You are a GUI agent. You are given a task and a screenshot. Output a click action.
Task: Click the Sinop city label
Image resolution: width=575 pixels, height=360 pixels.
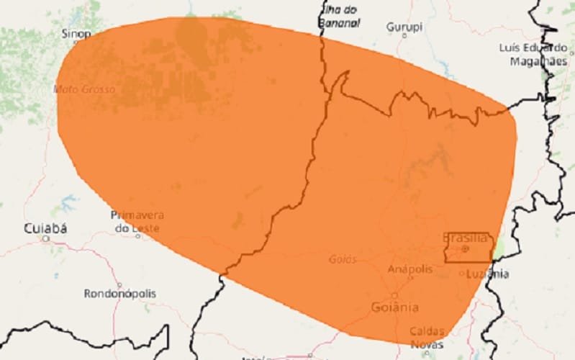[76, 33]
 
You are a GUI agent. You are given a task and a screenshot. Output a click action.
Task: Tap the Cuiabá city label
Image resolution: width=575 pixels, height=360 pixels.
[45, 228]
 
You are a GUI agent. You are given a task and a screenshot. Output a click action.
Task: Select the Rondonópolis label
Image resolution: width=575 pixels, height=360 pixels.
[119, 294]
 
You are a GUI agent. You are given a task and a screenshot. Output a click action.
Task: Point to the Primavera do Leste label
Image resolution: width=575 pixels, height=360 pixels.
[137, 221]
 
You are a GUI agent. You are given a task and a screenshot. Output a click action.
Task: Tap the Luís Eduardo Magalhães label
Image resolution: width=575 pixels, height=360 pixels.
[529, 54]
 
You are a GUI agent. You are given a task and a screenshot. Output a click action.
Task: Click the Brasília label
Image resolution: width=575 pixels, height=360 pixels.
[466, 237]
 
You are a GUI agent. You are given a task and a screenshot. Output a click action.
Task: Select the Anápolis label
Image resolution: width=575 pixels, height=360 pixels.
[410, 269]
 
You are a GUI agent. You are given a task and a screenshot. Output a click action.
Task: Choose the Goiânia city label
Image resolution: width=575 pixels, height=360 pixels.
[394, 307]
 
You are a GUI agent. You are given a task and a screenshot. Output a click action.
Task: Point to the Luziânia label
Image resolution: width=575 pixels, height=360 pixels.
[487, 274]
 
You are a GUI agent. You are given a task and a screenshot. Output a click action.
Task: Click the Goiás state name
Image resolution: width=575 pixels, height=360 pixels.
[343, 259]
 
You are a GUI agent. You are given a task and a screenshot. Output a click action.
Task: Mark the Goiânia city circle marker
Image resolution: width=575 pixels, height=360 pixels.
[394, 295]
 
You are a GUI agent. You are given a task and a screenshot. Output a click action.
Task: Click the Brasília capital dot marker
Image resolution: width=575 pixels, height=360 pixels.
[465, 249]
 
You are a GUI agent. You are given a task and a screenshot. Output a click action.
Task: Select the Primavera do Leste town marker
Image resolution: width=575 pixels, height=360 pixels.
[137, 235]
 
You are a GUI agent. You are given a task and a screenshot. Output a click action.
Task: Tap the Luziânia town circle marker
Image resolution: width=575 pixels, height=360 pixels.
[462, 273]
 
